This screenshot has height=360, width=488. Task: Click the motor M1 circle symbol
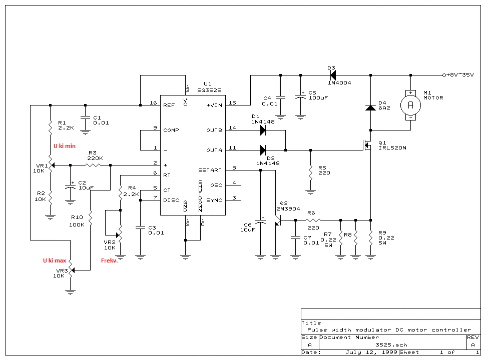coord(410,105)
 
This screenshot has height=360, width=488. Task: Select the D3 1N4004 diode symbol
coord(333,75)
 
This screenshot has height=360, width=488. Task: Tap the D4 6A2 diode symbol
coord(370,107)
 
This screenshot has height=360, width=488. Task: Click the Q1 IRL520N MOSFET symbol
coord(367,145)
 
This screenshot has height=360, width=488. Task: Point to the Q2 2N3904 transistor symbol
coord(278,220)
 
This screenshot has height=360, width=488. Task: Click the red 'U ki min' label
coord(65,146)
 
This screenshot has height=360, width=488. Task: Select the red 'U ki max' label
coord(55,260)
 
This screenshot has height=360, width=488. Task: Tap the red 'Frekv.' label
coord(109,260)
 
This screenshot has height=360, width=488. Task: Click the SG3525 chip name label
coord(209,90)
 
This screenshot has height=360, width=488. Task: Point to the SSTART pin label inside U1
coord(210,170)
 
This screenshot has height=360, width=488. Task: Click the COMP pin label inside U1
coord(171,130)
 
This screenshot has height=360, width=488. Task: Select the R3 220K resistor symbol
coord(93,165)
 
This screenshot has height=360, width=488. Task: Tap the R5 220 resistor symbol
coord(310,173)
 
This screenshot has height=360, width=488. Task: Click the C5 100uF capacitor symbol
coord(300,97)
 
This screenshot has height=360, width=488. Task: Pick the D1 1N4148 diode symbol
coord(263,130)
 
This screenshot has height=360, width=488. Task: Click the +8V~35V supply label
coord(460,75)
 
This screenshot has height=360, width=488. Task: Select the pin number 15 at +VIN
coord(232,102)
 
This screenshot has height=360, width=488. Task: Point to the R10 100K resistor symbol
coord(90,218)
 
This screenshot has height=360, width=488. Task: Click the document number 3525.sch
coord(391,344)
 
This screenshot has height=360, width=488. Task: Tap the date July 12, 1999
coord(371,352)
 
